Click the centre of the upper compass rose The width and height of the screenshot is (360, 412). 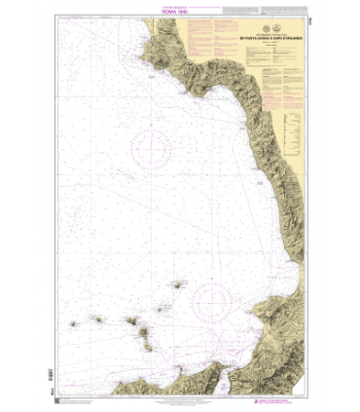click(x=152, y=149)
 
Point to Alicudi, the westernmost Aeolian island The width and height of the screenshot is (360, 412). click(x=74, y=325)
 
